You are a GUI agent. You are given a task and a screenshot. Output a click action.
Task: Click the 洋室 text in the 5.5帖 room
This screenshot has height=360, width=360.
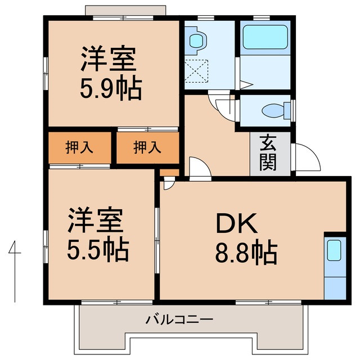point(96,220)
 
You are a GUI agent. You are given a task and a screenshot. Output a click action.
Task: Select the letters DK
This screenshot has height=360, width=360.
point(236,224)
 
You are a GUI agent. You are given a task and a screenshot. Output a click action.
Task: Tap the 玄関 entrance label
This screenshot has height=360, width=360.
point(268,153)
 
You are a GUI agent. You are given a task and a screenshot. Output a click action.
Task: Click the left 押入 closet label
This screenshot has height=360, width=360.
point(79,147)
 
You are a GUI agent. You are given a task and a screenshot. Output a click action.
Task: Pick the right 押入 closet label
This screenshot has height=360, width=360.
point(147,147)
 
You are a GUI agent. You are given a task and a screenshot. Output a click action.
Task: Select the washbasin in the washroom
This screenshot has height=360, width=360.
point(196,40)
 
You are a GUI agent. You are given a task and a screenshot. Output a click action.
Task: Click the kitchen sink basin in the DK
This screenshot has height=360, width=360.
point(334,249)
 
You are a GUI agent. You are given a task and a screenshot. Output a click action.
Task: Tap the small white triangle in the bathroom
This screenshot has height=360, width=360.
point(246,85)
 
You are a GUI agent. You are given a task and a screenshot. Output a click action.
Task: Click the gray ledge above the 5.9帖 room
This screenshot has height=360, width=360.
point(125,11)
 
